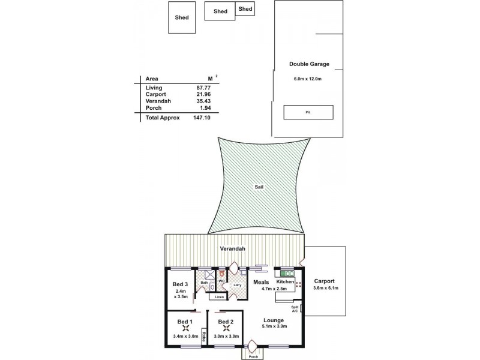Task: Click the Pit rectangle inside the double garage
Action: pos(308,112)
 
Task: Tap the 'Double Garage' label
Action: pos(309,64)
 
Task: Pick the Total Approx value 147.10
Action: pos(208,118)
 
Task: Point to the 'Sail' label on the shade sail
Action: pos(259,187)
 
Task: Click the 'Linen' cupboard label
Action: pos(219,296)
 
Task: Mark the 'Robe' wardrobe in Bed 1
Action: pos(205,338)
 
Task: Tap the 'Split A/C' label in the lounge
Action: pos(295,309)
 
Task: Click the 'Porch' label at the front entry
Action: pos(253,356)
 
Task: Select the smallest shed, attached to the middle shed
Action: pos(245,8)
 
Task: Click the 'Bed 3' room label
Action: pos(181,284)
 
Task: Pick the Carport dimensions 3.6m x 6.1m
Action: pos(325,289)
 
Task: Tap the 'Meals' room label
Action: pos(260,281)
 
